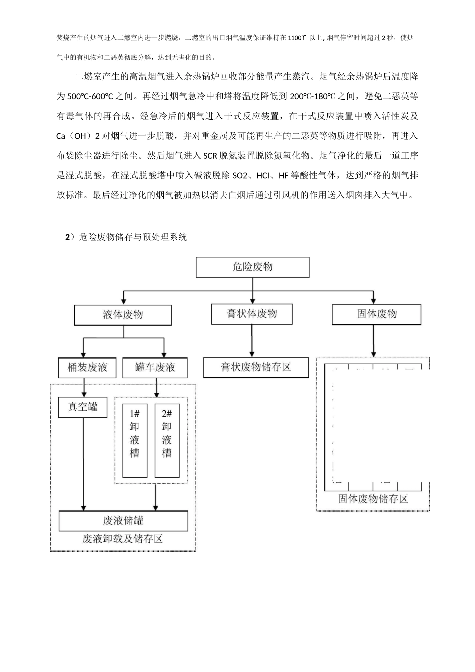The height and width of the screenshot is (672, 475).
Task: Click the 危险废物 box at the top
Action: (x=252, y=267)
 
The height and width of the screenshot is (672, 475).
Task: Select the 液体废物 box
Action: (x=123, y=315)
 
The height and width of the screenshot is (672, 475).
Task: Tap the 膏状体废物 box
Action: (x=252, y=314)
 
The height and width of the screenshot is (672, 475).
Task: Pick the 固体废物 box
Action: (x=376, y=314)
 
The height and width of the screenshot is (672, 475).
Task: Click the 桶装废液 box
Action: (x=87, y=368)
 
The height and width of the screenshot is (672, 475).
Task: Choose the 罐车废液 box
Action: (x=155, y=368)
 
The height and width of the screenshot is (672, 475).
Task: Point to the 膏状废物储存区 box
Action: (x=256, y=367)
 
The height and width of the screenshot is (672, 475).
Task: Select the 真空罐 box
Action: (x=83, y=407)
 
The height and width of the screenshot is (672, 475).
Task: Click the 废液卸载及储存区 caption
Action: (x=123, y=539)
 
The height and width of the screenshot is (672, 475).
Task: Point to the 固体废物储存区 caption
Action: (x=373, y=499)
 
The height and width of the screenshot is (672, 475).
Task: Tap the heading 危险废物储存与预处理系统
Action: (x=132, y=237)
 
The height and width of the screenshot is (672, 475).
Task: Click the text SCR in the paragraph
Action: (x=209, y=156)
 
